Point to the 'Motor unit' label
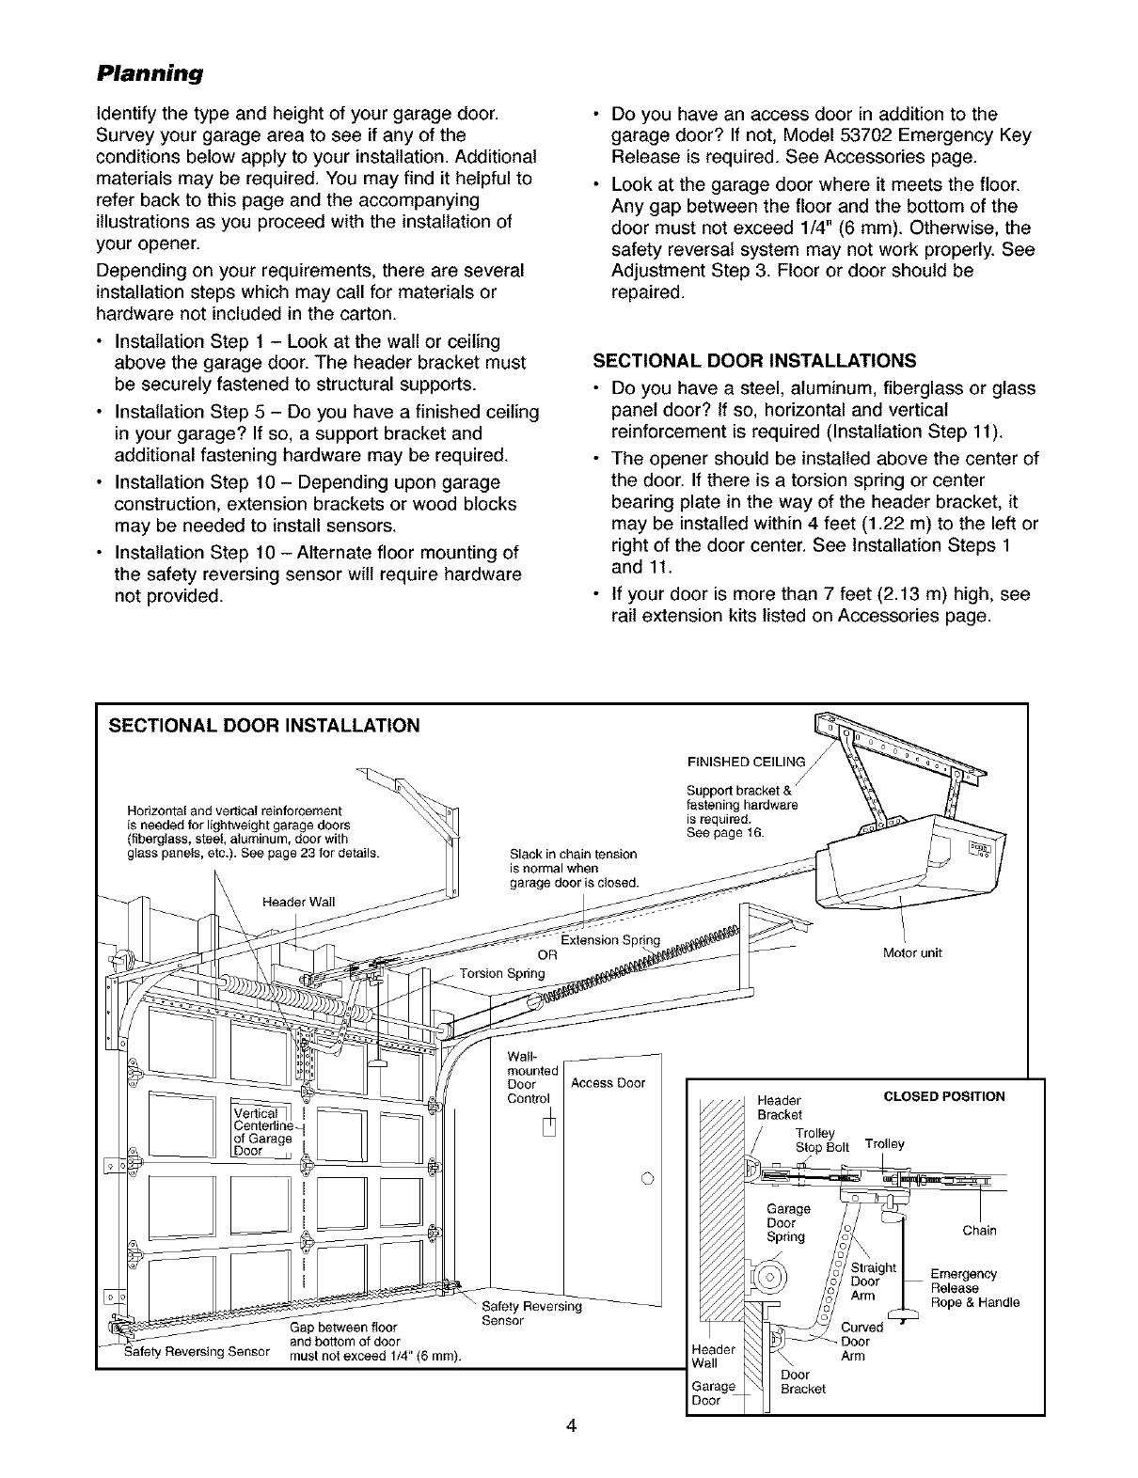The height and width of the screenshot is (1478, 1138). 912,952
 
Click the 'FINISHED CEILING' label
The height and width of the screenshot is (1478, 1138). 747,762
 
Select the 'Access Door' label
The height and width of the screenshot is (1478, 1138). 608,1082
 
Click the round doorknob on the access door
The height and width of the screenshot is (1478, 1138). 647,1179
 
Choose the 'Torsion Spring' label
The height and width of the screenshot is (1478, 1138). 503,973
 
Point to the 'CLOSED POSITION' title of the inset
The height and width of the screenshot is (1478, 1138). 943,1096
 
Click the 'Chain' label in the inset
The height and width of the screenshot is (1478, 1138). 978,1231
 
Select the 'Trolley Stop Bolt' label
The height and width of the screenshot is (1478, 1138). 821,1140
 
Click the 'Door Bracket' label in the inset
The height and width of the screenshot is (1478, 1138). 802,1382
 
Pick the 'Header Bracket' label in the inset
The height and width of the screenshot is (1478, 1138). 779,1108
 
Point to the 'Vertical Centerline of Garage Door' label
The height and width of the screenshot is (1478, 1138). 266,1129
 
